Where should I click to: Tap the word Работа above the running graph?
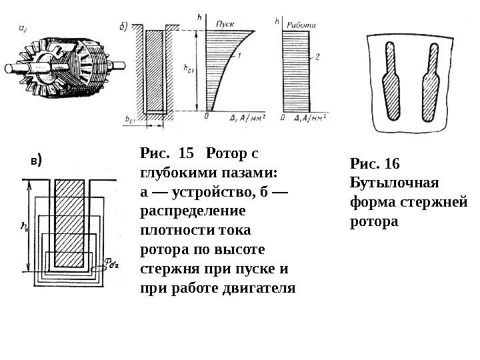tap(299, 25)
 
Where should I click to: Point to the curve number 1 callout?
tap(239, 54)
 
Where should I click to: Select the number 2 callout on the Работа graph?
tap(319, 58)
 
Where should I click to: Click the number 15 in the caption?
tap(183, 153)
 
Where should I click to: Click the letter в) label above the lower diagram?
tap(36, 161)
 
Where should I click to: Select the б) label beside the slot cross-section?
tap(123, 27)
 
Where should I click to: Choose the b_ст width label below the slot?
tap(129, 119)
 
